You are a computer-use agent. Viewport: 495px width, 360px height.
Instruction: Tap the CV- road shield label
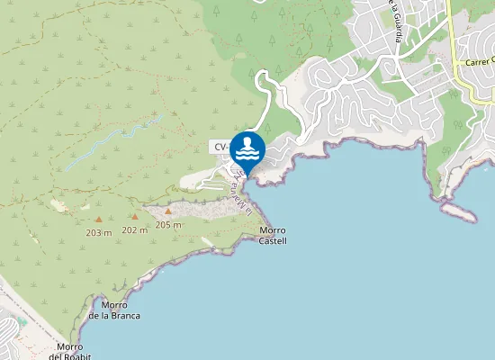click(220, 146)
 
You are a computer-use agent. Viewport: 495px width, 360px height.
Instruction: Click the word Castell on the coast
click(272, 241)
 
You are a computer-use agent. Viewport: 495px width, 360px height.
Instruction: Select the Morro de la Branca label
click(114, 310)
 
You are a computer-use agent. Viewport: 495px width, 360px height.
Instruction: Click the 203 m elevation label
click(98, 232)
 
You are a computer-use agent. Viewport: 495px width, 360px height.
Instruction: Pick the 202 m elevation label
click(134, 229)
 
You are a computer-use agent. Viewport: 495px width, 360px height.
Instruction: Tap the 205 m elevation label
click(168, 224)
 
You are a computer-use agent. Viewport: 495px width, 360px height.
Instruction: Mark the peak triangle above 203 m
click(98, 219)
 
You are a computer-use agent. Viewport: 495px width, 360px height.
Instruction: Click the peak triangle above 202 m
click(134, 216)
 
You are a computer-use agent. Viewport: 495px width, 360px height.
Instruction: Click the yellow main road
click(453, 36)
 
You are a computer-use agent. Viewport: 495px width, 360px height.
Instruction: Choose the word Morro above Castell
click(272, 230)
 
